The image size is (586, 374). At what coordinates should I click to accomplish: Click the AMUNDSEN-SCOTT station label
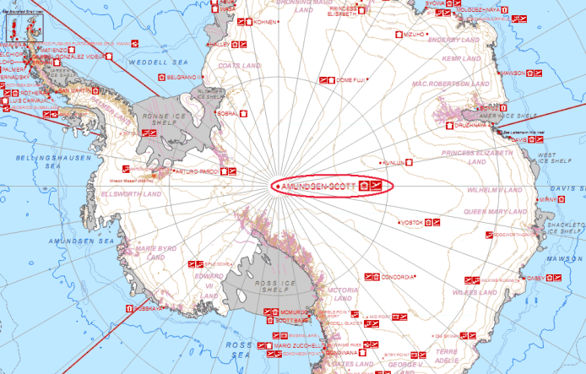(x=319, y=185)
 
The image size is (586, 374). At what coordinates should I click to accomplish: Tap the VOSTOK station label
(x=412, y=222)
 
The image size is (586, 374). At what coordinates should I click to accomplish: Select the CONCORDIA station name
(x=398, y=277)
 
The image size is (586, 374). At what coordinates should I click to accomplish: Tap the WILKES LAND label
(x=476, y=292)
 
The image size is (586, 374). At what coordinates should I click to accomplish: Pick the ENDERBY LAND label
(x=453, y=39)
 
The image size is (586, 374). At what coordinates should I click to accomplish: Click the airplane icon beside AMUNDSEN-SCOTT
(x=377, y=185)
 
